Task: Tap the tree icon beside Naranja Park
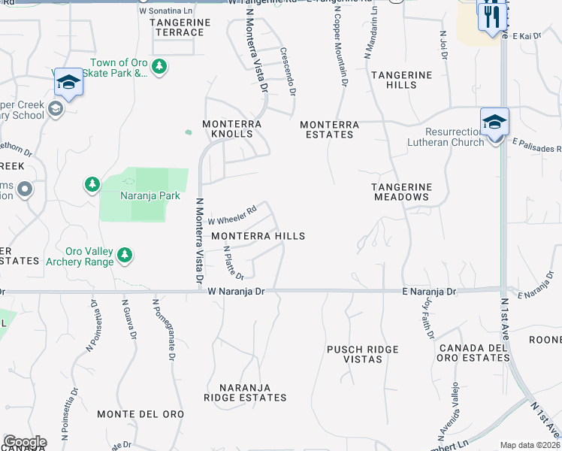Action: [92, 184]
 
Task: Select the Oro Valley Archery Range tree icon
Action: [125, 256]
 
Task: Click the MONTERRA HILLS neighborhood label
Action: [258, 236]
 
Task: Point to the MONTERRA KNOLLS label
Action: [232, 129]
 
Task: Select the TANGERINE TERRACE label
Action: [177, 27]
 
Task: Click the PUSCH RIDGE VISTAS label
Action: [363, 355]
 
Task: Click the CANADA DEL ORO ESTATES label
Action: [475, 353]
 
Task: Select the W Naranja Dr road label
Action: [237, 291]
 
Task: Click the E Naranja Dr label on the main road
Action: [428, 291]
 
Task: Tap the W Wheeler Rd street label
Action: [232, 215]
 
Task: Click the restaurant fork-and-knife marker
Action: [491, 17]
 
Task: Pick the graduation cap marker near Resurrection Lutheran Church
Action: [495, 123]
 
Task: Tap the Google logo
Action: [25, 442]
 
